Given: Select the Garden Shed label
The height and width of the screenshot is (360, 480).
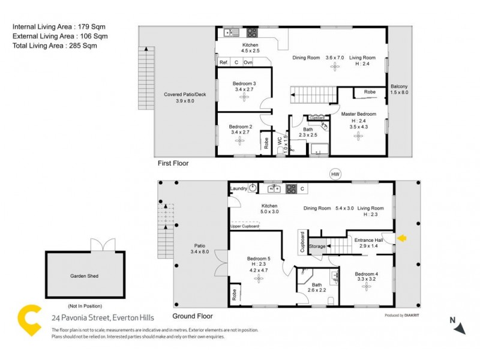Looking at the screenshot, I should coord(84,277).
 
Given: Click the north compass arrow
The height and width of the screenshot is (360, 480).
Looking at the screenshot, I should coord(459,328).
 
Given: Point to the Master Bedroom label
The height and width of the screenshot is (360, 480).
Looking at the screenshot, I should coord(358,114).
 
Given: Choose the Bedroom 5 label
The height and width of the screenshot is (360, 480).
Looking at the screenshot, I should coord(259,259).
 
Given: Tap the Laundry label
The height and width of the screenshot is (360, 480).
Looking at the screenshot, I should coord(238,189).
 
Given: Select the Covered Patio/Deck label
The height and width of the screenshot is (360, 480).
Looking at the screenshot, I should coord(185,95).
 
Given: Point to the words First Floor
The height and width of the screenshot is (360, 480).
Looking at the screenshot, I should coord(173,163).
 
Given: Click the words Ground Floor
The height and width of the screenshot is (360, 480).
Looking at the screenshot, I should coord(192,316).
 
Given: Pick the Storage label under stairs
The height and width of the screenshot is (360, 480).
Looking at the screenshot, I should coord(317,246).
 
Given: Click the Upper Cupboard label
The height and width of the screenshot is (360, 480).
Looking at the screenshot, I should coord(245,226).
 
